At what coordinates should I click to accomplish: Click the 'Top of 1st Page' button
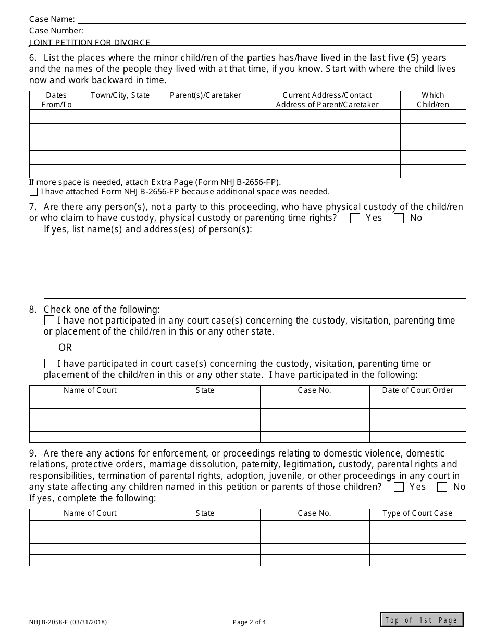[x=422, y=620]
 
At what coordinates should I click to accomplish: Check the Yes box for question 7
[x=355, y=218]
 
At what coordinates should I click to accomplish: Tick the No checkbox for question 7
[x=399, y=218]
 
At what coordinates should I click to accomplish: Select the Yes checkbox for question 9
[x=399, y=487]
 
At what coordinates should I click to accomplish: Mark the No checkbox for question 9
[x=442, y=487]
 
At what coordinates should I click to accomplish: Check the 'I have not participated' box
[x=49, y=320]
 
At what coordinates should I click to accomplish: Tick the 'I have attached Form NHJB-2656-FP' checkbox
[x=34, y=192]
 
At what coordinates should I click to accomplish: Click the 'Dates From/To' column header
[x=56, y=100]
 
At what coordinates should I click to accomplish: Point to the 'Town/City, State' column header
[x=120, y=95]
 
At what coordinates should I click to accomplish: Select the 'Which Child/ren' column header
[x=433, y=100]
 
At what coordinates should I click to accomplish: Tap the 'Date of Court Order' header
[x=417, y=390]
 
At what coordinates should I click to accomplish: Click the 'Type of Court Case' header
[x=417, y=513]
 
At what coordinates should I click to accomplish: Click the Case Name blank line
[x=271, y=20]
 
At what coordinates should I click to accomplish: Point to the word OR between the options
[x=65, y=348]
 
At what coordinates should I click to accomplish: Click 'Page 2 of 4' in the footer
[x=249, y=622]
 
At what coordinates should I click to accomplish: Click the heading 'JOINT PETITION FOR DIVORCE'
[x=90, y=43]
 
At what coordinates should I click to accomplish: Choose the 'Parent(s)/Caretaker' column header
[x=206, y=95]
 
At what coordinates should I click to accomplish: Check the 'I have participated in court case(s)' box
[x=49, y=364]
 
